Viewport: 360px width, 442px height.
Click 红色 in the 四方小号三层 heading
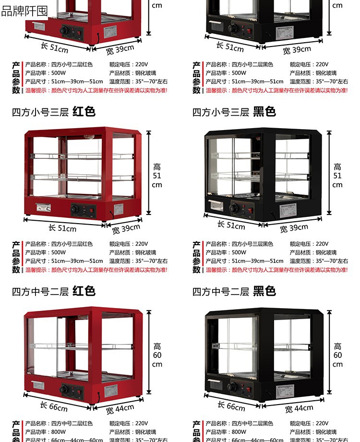click(x=84, y=112)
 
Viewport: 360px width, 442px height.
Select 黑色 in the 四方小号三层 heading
click(x=264, y=112)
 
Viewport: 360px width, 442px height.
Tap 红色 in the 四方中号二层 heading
click(x=84, y=291)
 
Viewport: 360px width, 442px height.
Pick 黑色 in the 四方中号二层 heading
click(x=264, y=291)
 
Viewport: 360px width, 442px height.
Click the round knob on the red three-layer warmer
click(x=75, y=210)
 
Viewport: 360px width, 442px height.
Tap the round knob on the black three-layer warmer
click(x=234, y=208)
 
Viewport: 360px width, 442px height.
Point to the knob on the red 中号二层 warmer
click(x=64, y=389)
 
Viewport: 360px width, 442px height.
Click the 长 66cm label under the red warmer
click(x=54, y=406)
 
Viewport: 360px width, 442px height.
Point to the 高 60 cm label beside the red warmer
click(x=157, y=355)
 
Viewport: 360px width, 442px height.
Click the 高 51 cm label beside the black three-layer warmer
click(x=337, y=176)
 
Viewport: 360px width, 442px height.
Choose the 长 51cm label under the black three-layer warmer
click(x=231, y=225)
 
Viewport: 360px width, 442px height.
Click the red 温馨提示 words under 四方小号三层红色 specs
click(x=36, y=270)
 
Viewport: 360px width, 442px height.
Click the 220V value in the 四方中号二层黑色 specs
click(x=322, y=424)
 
